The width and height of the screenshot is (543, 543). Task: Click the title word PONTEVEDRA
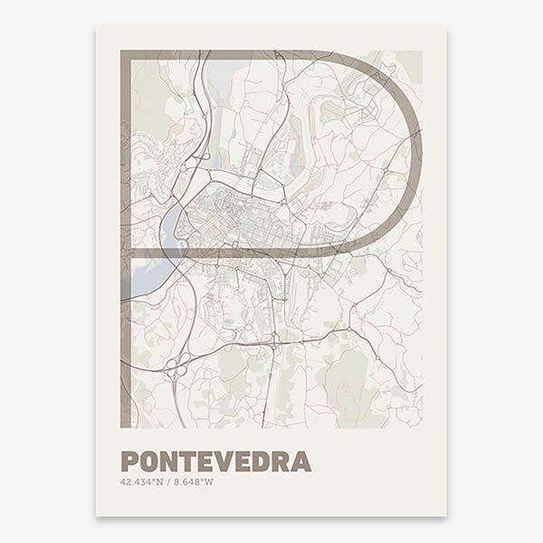(x=215, y=462)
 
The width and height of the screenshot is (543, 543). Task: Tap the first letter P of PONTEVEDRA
(x=129, y=462)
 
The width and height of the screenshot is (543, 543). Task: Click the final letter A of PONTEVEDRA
(x=302, y=462)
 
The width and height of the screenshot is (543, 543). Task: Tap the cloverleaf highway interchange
(x=173, y=367)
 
